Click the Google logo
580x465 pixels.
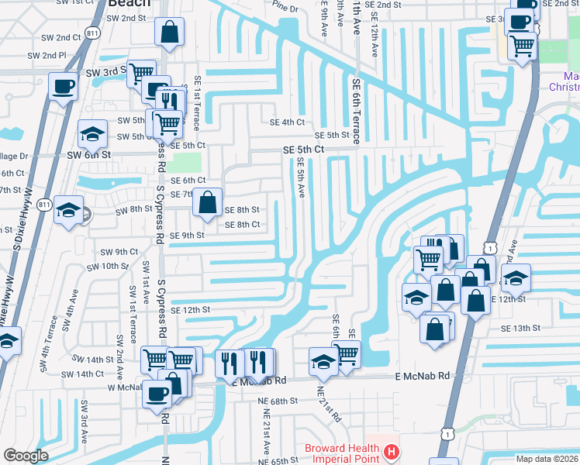pos(25,456)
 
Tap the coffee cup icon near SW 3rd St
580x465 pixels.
pos(63,86)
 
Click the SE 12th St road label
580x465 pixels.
pos(191,309)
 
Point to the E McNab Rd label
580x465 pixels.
pos(422,376)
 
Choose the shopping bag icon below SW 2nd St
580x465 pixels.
pos(170,33)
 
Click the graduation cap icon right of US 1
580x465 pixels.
pos(516,277)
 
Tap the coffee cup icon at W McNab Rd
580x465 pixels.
pos(157,393)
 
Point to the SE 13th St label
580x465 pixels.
pos(520,329)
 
